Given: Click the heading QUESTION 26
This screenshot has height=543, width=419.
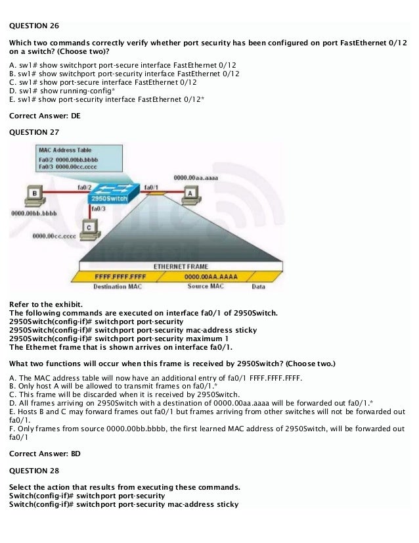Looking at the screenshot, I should pos(33,26).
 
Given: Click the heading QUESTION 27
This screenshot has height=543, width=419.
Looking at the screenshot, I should pos(33,131).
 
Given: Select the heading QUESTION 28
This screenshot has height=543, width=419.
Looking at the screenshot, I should pos(33,471).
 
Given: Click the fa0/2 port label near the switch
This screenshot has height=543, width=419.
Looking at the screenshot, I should pos(83,187).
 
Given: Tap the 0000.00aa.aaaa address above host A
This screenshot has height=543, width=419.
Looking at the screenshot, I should pos(196,177).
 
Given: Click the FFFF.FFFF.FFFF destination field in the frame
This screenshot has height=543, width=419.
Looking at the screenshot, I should pos(120,277).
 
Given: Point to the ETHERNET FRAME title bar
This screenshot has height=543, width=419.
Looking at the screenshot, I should pos(181,266).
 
